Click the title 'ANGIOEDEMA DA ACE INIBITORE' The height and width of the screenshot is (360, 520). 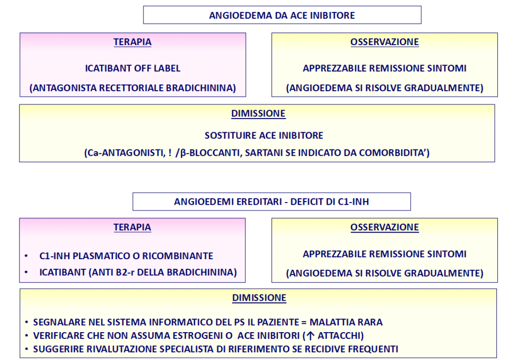click(282, 15)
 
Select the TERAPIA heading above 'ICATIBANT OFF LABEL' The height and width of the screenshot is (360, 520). click(132, 42)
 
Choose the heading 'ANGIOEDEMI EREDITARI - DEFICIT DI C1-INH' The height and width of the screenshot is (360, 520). click(272, 202)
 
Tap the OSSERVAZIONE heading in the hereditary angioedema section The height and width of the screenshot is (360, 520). click(384, 227)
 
